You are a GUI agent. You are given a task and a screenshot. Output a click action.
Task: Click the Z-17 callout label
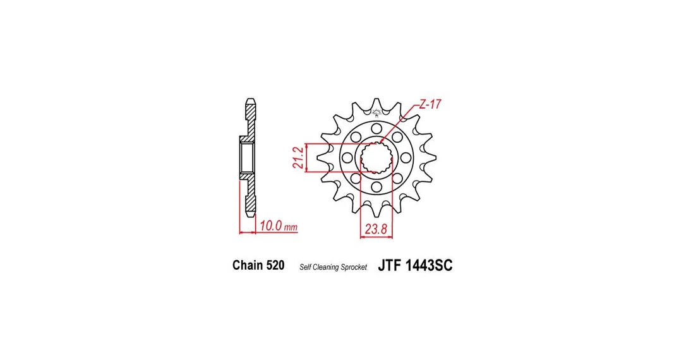pyautogui.click(x=430, y=105)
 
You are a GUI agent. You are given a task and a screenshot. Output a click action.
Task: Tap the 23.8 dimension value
pyautogui.click(x=376, y=229)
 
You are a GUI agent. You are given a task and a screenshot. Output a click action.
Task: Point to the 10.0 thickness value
pyautogui.click(x=271, y=225)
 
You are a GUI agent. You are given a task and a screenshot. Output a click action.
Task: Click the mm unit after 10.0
pyautogui.click(x=291, y=227)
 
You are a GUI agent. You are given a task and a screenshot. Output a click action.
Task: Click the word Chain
pyautogui.click(x=248, y=265)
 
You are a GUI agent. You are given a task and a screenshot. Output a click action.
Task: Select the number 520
pyautogui.click(x=275, y=265)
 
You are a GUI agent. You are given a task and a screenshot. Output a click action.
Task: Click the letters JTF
pyautogui.click(x=390, y=265)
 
